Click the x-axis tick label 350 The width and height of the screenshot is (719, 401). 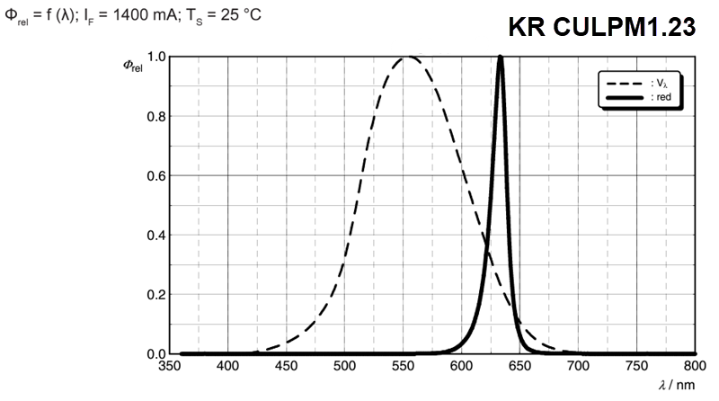pyautogui.click(x=169, y=366)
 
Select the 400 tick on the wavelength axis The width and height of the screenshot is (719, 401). pyautogui.click(x=227, y=366)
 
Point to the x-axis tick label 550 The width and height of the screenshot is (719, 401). pyautogui.click(x=403, y=366)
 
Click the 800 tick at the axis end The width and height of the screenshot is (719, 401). pyautogui.click(x=694, y=366)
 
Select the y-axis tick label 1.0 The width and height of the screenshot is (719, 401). pyautogui.click(x=155, y=57)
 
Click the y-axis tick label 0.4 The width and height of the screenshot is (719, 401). pyautogui.click(x=155, y=235)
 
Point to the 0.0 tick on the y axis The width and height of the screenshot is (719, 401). pyautogui.click(x=155, y=353)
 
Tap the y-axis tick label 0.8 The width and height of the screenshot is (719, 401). pyautogui.click(x=155, y=116)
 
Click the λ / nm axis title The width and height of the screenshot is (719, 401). pyautogui.click(x=677, y=384)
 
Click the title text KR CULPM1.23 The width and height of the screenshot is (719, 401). pyautogui.click(x=601, y=28)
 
